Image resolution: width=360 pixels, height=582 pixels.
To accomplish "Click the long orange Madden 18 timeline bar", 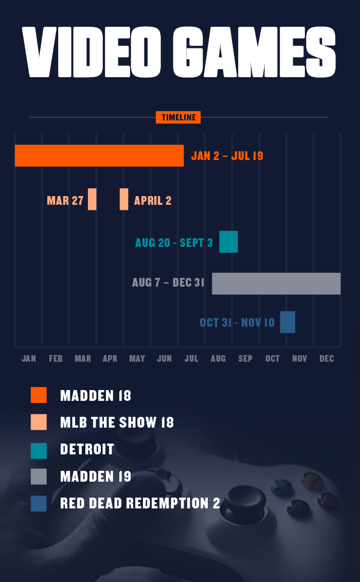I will [x=99, y=156].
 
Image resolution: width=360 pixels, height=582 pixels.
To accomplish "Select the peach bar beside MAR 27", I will [x=92, y=199].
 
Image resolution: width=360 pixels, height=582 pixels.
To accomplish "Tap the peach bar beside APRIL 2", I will [x=124, y=199].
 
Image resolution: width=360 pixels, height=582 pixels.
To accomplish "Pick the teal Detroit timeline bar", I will [x=228, y=242].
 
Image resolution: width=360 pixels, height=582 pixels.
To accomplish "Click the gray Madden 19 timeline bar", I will [x=276, y=284].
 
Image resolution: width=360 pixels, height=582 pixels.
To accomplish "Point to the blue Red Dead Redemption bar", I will [x=287, y=322].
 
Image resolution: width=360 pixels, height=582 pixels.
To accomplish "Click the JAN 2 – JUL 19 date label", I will [x=227, y=156].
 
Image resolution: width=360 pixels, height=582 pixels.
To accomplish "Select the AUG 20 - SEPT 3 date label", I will [x=174, y=243].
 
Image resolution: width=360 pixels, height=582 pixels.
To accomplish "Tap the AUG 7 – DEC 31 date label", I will [x=168, y=283].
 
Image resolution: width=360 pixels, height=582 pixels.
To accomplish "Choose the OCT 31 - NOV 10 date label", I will [x=237, y=323].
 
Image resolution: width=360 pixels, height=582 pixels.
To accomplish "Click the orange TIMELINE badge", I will [x=178, y=117].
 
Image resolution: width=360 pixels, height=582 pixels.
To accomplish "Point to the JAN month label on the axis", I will [x=29, y=359].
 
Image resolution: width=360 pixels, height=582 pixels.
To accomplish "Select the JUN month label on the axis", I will [x=164, y=359].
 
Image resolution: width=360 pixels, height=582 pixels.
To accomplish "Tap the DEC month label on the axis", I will [x=327, y=359].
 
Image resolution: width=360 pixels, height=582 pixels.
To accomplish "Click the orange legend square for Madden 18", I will [x=39, y=395].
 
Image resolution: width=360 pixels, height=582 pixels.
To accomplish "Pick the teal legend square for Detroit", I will [x=39, y=450].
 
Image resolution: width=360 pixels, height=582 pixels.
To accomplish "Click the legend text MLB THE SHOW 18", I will [x=117, y=423].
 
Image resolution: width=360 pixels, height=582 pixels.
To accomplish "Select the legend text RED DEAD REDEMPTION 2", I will [x=140, y=503].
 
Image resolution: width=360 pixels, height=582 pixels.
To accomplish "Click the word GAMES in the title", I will [x=254, y=51].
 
